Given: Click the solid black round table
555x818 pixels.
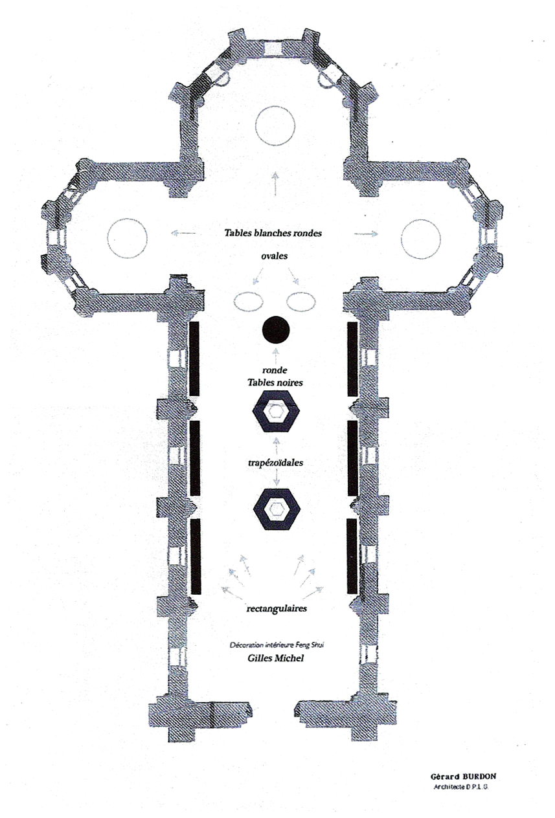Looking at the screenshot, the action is pos(276,330).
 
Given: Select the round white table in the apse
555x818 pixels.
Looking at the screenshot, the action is pos(275,126).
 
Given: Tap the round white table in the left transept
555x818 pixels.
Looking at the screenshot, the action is pos(127,238).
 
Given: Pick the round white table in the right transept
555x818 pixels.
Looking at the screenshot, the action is pos(421,239).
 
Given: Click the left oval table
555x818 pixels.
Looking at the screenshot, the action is pos(249,302).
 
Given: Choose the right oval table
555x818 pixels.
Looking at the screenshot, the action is pos(301,302).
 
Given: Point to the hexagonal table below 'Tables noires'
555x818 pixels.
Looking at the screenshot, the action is pos(276,411).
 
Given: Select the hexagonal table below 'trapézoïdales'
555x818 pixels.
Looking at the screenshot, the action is pos(277,509).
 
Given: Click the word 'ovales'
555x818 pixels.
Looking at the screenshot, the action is pos(274,256).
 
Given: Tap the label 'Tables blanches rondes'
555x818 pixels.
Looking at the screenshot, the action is pos(273,233).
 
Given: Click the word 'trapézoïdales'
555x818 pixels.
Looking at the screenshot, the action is pos(275,463).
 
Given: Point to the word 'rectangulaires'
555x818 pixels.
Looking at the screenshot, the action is pos(277,608).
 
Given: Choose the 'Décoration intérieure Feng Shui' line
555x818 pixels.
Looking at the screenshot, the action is pos(277,645).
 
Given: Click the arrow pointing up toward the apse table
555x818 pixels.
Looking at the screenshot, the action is pos(275,184).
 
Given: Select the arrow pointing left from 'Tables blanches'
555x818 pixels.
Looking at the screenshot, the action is pos(183,232).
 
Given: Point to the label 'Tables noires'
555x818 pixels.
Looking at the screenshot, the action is pos(275,382).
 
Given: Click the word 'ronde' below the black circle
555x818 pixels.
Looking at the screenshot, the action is pos(275,370).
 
